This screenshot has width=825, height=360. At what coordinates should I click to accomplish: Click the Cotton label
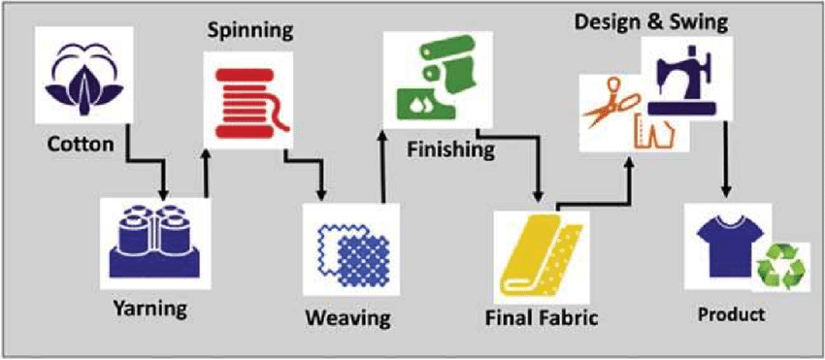81,144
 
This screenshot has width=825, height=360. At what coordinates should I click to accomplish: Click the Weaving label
348,318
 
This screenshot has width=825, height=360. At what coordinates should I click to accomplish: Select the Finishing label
451,150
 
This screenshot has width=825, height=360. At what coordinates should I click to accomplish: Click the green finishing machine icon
437,79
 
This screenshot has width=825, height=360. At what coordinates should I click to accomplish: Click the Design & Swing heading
651,22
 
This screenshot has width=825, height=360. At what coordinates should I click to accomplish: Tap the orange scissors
611,103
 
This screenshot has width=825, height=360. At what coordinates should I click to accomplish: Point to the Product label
731,315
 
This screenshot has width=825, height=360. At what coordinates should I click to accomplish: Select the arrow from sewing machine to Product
727,157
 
